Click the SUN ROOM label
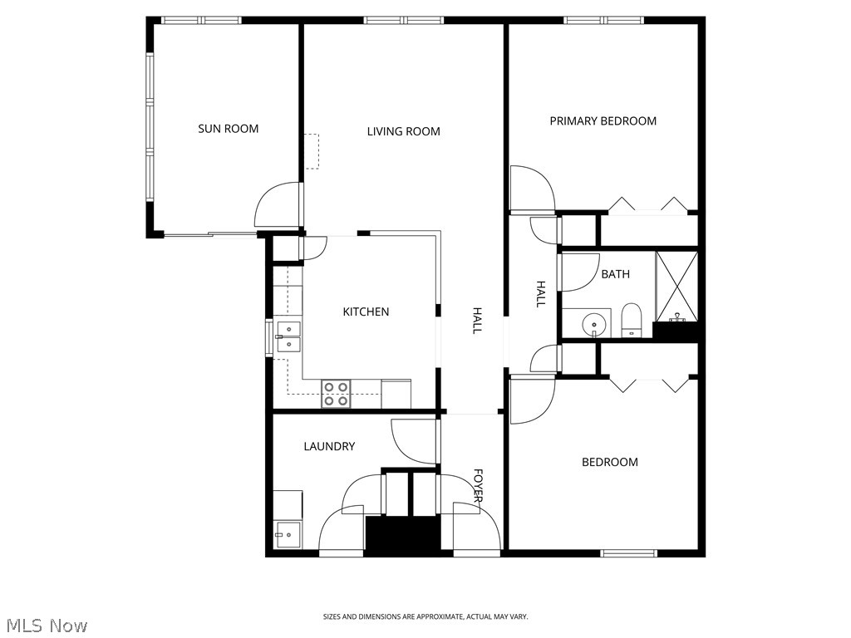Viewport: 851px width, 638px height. click(228, 129)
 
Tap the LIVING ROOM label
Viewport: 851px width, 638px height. click(403, 131)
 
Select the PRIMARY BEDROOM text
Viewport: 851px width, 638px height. click(603, 121)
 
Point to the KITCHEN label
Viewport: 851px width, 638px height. click(366, 312)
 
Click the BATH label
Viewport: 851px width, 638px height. click(615, 274)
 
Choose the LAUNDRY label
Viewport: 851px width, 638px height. click(329, 446)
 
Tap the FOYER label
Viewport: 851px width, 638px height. click(479, 486)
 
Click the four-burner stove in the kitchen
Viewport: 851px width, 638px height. click(336, 394)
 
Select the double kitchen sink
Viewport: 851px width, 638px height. click(288, 336)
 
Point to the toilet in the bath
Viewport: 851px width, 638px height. click(632, 321)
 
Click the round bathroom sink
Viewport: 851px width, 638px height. click(593, 323)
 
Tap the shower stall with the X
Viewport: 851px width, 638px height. click(676, 286)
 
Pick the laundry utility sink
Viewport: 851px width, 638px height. click(288, 532)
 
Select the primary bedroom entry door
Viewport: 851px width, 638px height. click(530, 189)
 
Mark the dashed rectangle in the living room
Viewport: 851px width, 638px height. click(311, 151)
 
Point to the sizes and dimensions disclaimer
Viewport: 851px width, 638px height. click(425, 616)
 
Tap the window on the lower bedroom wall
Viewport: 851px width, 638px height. click(628, 552)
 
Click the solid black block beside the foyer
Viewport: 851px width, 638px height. click(402, 536)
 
